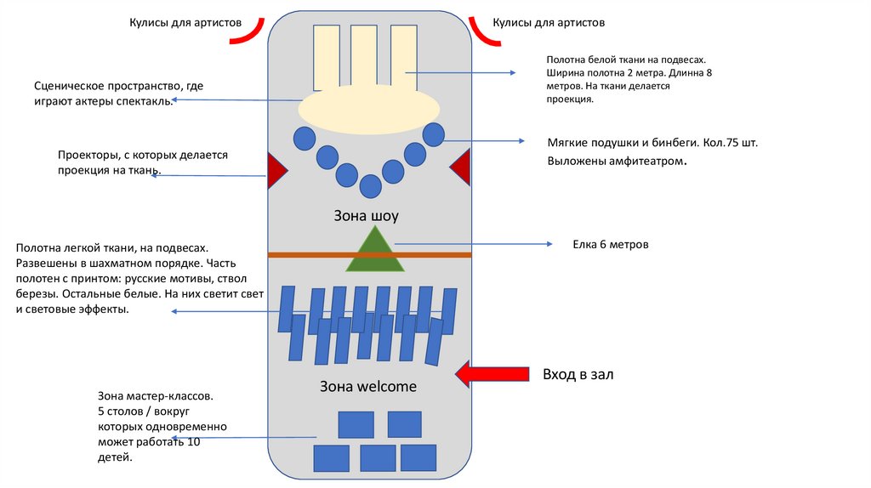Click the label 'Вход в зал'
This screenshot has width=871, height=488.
point(578,374)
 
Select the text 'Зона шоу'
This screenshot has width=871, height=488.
point(366,216)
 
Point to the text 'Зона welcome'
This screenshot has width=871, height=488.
point(368,386)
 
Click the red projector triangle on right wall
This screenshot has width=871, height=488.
point(461,167)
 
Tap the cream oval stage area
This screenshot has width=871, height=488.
point(368,110)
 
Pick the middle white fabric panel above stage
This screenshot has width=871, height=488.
point(364,58)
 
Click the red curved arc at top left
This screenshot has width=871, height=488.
point(249,31)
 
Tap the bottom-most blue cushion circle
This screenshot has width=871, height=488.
point(370,185)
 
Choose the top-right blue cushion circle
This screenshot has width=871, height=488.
point(434,134)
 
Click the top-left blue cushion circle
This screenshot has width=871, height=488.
point(304,138)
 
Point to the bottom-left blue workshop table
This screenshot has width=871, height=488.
point(332,457)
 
